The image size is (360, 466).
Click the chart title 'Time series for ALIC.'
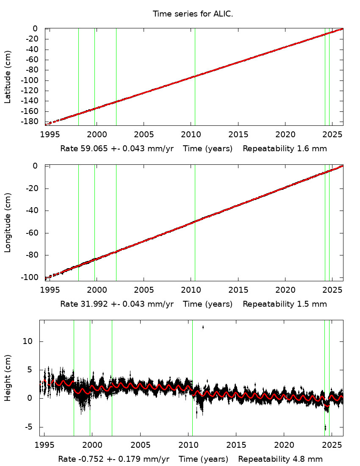click(193, 14)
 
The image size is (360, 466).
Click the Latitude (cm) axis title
click(8, 77)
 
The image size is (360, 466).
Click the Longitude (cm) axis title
click(8, 223)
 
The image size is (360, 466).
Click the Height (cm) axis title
click(8, 378)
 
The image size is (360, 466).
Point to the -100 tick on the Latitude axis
click(32, 80)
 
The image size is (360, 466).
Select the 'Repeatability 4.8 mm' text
click(280, 459)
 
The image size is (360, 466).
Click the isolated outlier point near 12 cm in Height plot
click(203, 327)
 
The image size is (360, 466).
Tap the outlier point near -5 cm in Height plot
click(325, 427)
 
